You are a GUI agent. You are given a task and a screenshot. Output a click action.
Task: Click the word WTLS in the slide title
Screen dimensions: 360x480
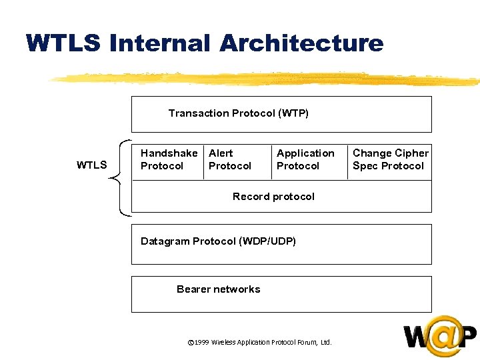(63, 43)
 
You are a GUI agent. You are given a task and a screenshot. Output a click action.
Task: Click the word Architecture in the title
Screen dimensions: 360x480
(301, 43)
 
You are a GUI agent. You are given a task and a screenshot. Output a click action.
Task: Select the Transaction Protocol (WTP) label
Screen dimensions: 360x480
(238, 113)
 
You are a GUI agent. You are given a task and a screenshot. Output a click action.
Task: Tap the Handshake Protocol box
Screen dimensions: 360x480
(169, 160)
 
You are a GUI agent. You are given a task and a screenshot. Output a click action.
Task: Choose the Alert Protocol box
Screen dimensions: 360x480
(230, 160)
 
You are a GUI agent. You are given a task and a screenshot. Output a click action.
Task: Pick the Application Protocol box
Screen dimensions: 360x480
(305, 160)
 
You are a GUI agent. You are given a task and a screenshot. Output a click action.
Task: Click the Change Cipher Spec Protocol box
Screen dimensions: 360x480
(390, 160)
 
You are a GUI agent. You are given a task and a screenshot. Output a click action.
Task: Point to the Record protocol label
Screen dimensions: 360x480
(273, 197)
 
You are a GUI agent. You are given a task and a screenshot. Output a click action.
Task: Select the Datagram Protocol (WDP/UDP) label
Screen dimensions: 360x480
(218, 241)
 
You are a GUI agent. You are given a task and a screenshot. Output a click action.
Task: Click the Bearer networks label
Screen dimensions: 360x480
(218, 289)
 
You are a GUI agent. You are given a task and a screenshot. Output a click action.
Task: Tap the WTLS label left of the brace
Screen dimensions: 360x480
(91, 165)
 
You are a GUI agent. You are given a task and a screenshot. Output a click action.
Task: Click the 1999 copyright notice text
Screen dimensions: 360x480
(260, 343)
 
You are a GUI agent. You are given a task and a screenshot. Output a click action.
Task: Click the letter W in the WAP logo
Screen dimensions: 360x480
(417, 337)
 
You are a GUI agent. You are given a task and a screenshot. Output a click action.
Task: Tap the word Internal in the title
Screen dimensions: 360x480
(159, 43)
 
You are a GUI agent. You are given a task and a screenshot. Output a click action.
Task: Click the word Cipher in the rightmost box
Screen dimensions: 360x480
(412, 153)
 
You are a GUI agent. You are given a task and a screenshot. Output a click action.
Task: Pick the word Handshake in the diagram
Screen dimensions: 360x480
(169, 153)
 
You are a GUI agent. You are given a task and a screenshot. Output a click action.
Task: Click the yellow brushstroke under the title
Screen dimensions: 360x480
(267, 79)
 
